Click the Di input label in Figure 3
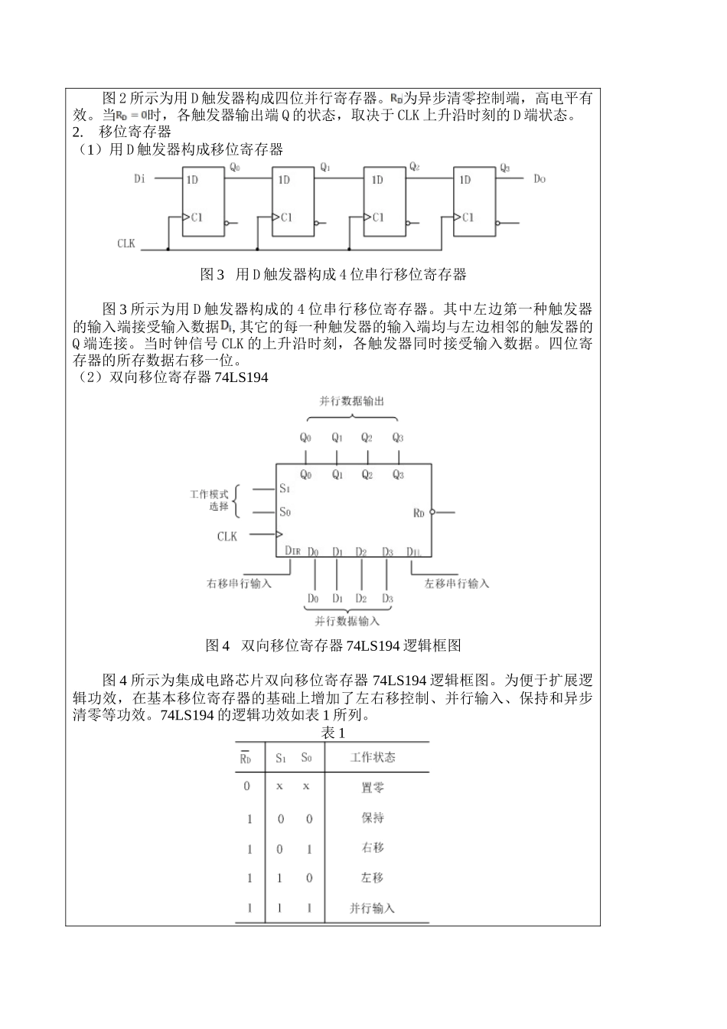139,179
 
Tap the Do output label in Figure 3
540,179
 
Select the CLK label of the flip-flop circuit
126,243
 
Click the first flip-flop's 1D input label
192,180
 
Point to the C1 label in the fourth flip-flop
468,217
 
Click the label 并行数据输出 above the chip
352,401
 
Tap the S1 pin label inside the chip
285,488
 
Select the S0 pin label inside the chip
285,512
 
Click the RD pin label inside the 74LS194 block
419,512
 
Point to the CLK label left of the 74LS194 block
227,536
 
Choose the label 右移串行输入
240,583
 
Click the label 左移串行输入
457,583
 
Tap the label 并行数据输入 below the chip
347,621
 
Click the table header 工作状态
373,757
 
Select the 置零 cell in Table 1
373,787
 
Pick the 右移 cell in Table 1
373,848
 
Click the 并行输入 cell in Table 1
373,908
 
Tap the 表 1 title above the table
334,733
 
